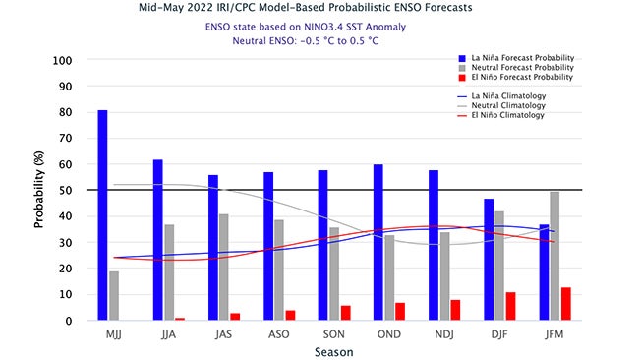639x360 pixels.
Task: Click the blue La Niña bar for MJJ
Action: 102,214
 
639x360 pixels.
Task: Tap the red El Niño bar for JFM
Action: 567,304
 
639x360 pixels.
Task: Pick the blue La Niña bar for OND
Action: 378,242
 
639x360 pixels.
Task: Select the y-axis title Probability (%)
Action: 39,190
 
